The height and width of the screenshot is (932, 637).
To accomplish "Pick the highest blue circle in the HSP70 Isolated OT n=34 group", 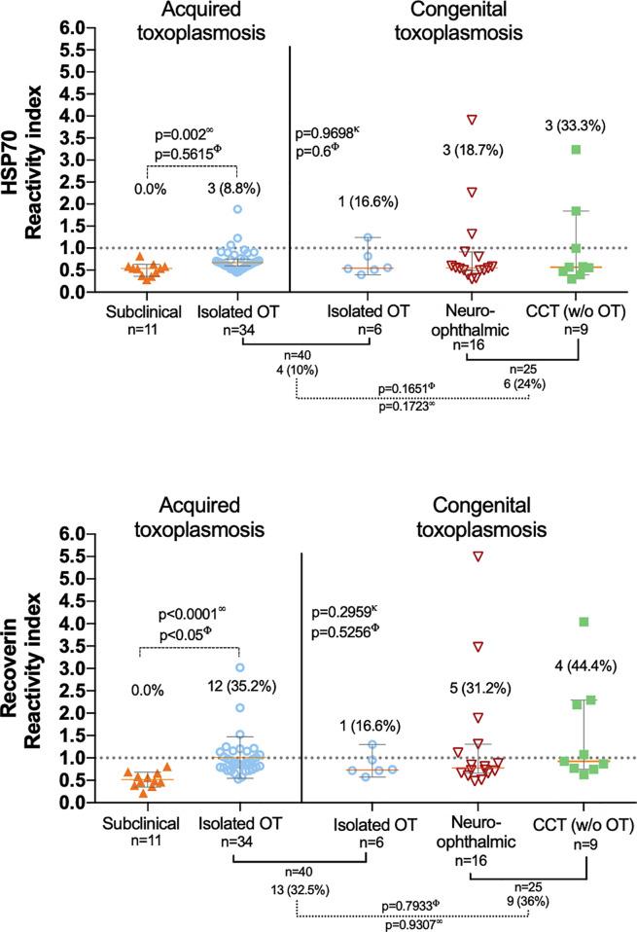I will [x=237, y=209].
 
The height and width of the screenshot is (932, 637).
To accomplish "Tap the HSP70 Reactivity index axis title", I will [x=23, y=161].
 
